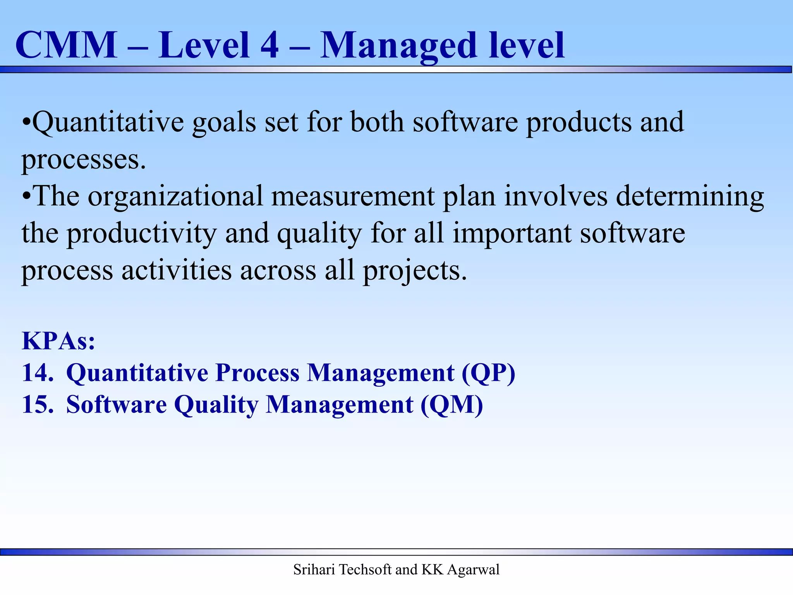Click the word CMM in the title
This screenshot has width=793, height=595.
click(66, 46)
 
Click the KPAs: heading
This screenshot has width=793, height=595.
click(58, 341)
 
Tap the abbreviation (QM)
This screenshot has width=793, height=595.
click(452, 406)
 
